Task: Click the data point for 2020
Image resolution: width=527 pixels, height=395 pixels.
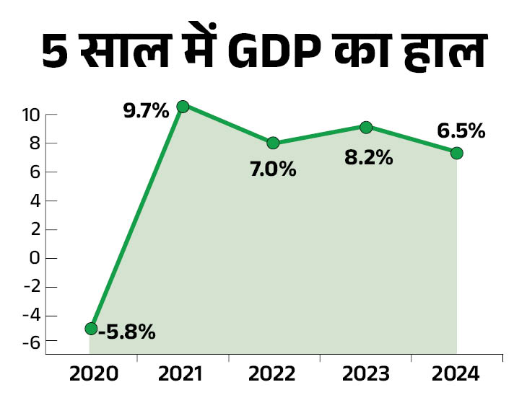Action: [x=91, y=328]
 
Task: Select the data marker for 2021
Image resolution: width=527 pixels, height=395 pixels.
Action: [x=183, y=106]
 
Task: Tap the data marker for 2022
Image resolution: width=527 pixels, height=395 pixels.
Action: [x=273, y=143]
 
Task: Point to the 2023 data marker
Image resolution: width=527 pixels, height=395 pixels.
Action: [x=366, y=127]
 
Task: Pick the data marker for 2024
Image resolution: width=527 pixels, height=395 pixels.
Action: [x=456, y=153]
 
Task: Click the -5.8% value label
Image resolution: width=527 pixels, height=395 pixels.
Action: [x=126, y=332]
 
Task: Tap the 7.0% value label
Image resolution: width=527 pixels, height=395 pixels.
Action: [x=273, y=170]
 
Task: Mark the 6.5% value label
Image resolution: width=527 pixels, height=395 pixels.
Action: [x=461, y=131]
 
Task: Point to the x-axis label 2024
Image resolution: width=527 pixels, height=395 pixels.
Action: [x=456, y=375]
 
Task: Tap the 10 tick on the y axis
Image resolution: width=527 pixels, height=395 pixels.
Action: [x=30, y=115]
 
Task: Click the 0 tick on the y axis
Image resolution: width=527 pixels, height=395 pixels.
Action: [x=34, y=258]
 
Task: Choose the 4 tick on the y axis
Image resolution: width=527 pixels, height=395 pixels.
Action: [x=34, y=200]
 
